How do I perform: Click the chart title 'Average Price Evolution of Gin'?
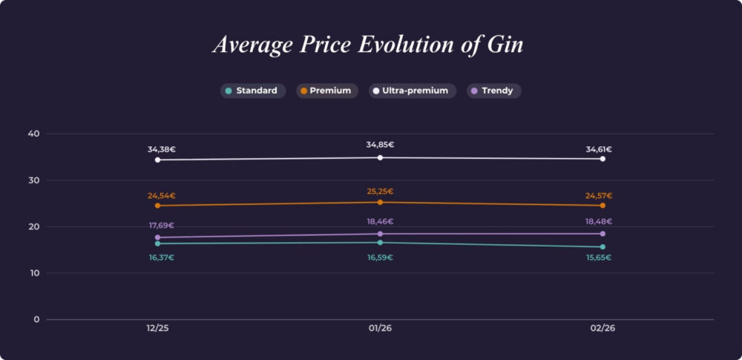[x=368, y=45]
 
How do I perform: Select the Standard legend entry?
[x=252, y=91]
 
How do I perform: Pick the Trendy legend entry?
[x=493, y=91]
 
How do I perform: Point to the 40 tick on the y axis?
[x=33, y=134]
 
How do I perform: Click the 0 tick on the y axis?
[x=36, y=319]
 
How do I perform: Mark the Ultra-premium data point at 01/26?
[x=380, y=157]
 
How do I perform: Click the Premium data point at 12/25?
[x=157, y=206]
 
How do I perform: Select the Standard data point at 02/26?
[x=603, y=247]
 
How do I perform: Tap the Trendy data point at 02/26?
[x=603, y=234]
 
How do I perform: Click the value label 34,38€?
[x=161, y=149]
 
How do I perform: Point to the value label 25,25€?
[x=380, y=192]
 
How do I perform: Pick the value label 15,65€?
[x=599, y=258]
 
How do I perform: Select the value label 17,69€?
[x=161, y=226]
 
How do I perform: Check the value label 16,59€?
[x=380, y=258]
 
